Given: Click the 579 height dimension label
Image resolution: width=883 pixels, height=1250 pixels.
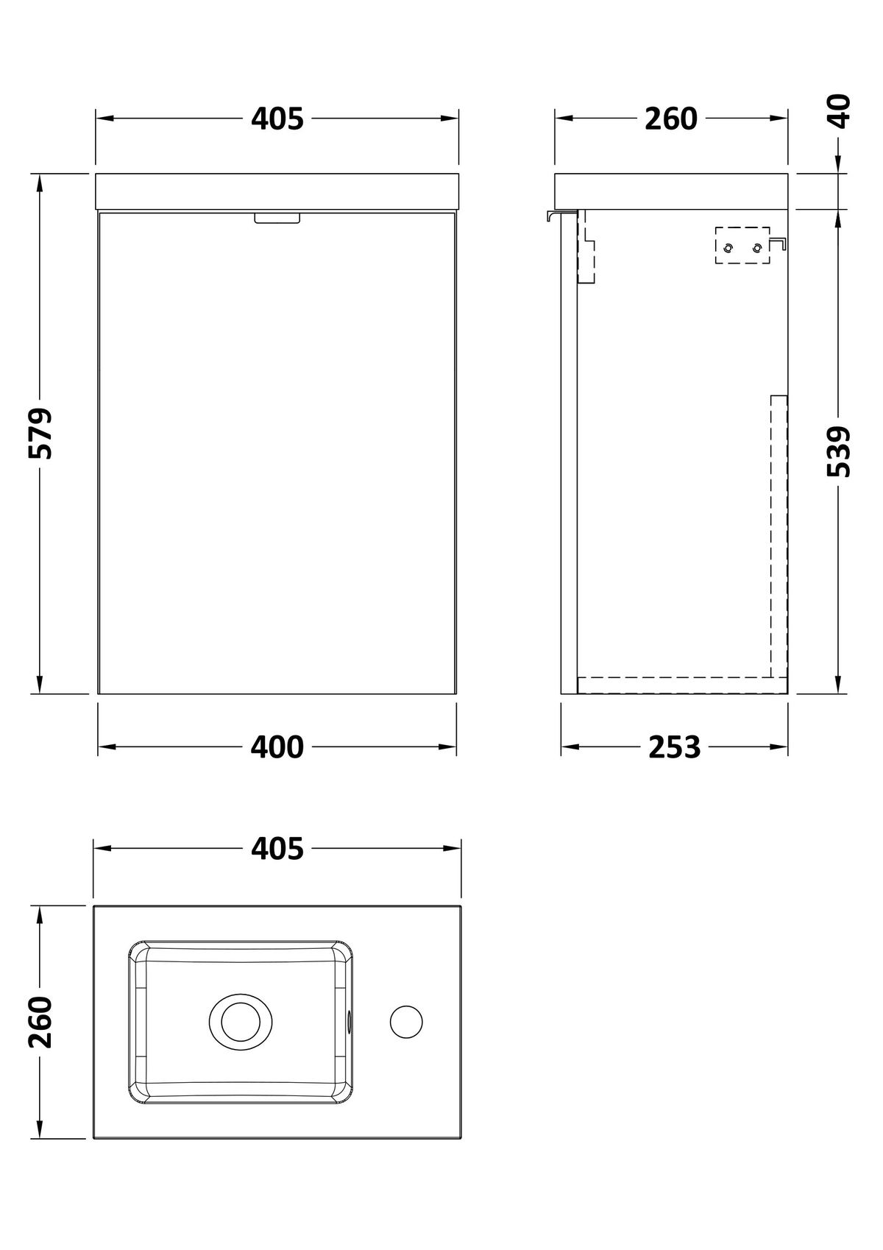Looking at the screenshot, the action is [x=40, y=434].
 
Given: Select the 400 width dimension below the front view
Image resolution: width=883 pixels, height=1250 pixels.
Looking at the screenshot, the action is [x=277, y=747].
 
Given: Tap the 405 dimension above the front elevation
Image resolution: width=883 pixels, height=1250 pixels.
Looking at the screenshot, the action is [x=277, y=119].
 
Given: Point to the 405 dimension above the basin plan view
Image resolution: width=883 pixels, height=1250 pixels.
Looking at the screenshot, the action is [x=277, y=849].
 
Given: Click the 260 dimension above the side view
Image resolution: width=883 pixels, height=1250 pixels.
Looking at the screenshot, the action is [x=671, y=119].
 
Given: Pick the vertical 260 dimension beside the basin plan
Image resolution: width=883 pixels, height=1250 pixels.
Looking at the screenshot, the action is [x=40, y=1022].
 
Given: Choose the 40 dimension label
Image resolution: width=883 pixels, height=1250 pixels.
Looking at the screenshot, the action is [x=840, y=112].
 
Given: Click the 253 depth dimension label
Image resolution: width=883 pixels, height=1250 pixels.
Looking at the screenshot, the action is [x=674, y=747].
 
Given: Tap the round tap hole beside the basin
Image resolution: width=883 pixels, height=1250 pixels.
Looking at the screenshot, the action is [x=406, y=1022].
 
